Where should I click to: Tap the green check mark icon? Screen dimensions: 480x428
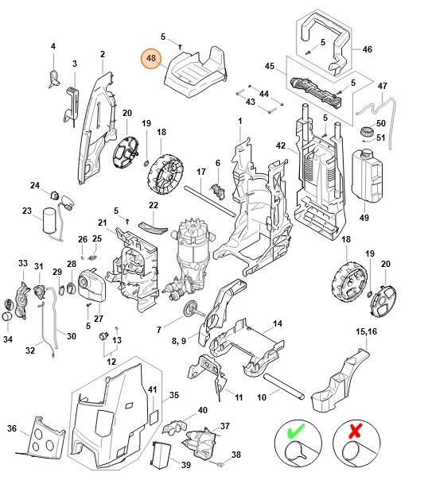(x=294, y=431)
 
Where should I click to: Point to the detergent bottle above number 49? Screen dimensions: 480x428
(x=370, y=173)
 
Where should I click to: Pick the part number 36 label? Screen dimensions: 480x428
(x=12, y=428)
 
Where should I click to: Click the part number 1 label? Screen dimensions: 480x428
(x=239, y=120)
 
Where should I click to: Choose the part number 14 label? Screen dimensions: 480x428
(x=278, y=323)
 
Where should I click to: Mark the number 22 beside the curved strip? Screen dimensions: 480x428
(x=154, y=205)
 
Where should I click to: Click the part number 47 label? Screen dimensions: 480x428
(x=382, y=86)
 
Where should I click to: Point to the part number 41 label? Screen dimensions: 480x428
(x=153, y=389)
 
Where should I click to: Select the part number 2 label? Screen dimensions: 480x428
(x=102, y=54)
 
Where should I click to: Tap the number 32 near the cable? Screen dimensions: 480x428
(x=30, y=350)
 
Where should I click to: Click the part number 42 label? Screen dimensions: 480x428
(x=280, y=146)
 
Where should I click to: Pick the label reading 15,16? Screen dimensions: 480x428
(x=366, y=330)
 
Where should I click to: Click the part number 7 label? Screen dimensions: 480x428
(x=158, y=329)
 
